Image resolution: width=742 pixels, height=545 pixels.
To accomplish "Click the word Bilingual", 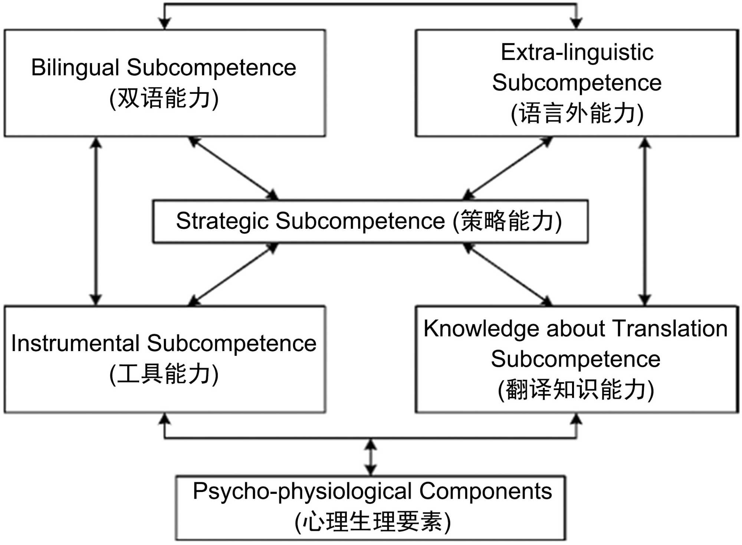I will click(x=75, y=68).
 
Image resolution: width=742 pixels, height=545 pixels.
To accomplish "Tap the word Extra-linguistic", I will click(x=577, y=52).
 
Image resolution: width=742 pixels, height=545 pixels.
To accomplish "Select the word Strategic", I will click(x=222, y=221).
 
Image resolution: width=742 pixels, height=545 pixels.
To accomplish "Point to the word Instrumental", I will click(x=75, y=343).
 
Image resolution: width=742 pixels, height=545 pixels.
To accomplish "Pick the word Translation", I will click(x=670, y=328).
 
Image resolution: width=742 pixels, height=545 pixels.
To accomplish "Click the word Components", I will click(x=485, y=492).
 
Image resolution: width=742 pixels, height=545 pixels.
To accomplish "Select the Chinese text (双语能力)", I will click(x=164, y=99).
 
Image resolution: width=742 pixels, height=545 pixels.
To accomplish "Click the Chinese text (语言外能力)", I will click(x=577, y=113).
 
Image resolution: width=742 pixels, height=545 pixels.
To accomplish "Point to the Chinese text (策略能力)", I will click(x=507, y=221).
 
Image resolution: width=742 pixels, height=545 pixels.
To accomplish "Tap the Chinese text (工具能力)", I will click(x=164, y=374).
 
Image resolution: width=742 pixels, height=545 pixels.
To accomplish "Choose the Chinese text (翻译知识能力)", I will click(x=576, y=390).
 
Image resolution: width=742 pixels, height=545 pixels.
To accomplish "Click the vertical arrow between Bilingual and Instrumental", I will click(x=96, y=221).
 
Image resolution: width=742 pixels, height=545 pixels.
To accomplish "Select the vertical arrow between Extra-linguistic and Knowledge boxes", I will click(x=645, y=221).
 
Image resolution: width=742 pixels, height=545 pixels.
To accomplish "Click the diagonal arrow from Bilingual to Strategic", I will click(x=234, y=168).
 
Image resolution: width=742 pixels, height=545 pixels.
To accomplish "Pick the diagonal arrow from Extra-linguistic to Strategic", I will click(x=508, y=168).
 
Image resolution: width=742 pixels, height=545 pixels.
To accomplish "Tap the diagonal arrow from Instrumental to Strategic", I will click(x=234, y=274).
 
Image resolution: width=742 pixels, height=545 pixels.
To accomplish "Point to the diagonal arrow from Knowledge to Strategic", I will click(x=508, y=274).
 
